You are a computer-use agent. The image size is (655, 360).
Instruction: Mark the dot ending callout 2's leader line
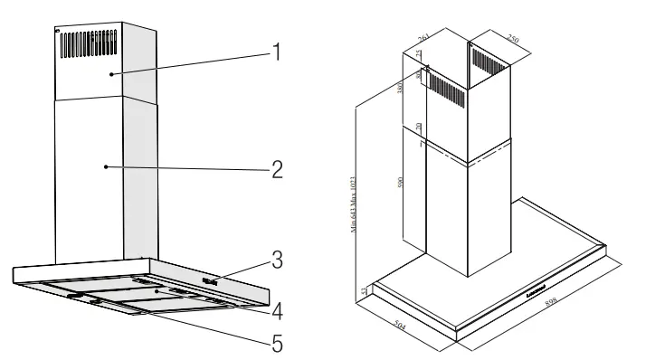coord(107,166)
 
